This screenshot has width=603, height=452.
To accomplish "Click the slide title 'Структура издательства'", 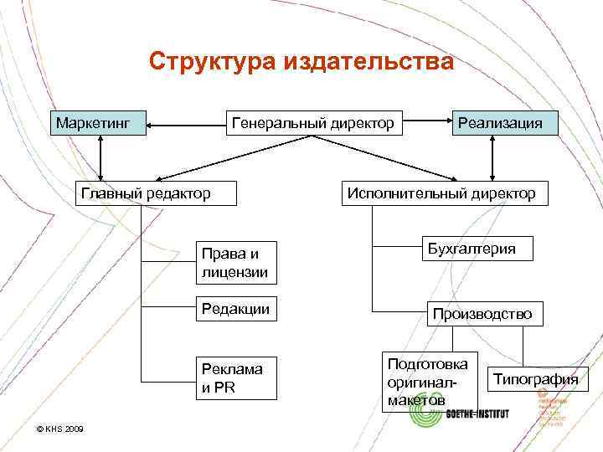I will (301, 61).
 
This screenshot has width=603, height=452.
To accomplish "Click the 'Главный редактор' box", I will (146, 193).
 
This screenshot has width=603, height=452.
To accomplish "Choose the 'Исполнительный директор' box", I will (441, 193).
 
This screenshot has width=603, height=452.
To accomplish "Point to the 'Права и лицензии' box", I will (237, 262).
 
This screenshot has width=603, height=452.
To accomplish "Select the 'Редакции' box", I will (237, 309).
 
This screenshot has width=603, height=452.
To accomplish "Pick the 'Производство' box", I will (482, 314).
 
